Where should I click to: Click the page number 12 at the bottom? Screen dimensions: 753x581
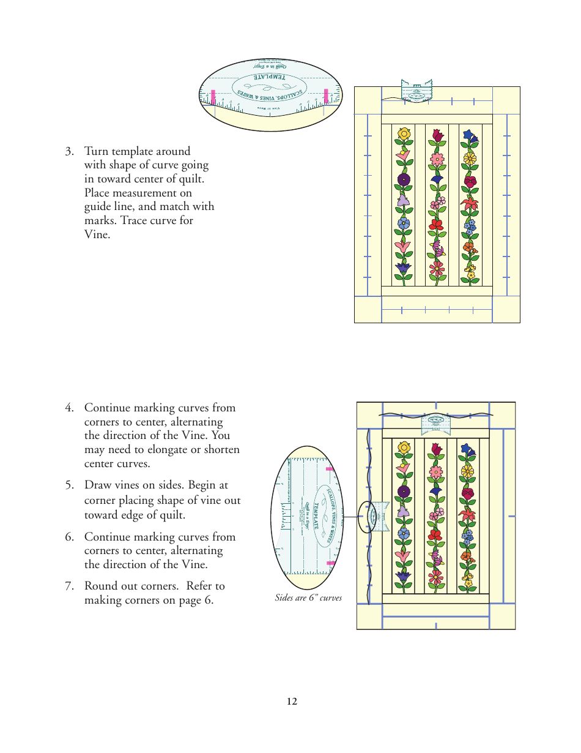click(292, 702)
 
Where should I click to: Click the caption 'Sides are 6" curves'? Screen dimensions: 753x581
click(308, 598)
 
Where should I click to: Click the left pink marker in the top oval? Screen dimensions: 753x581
click(213, 96)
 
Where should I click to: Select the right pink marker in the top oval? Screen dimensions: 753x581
click(326, 95)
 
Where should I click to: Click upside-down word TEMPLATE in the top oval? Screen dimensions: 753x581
click(269, 78)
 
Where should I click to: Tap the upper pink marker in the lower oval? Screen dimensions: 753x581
click(330, 469)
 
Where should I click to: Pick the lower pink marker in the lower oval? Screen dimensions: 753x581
click(330, 562)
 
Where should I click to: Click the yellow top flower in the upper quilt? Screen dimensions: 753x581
click(404, 133)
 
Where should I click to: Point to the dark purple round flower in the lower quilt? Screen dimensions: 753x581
click(404, 491)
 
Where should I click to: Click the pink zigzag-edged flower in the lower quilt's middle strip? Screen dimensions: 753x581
click(437, 472)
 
